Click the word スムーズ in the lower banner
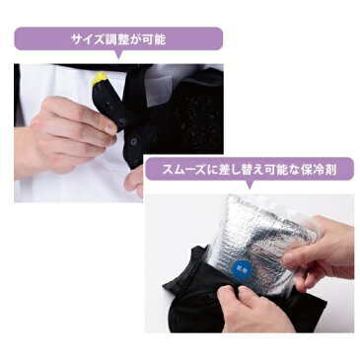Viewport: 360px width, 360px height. [x=187, y=169]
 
